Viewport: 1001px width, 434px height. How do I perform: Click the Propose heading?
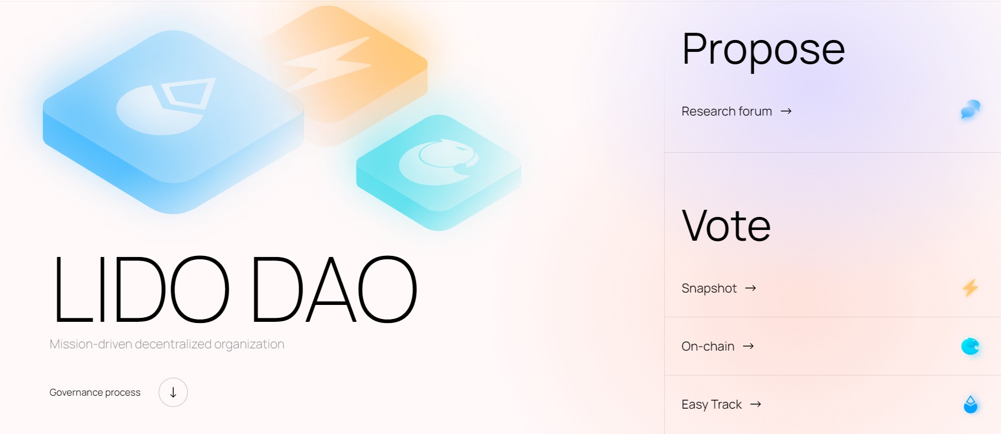(x=763, y=50)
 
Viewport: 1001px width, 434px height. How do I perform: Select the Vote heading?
(x=726, y=225)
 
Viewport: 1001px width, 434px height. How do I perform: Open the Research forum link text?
(x=726, y=112)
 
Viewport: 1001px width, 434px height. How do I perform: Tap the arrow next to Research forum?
(x=786, y=112)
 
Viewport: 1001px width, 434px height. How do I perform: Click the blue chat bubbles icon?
(x=970, y=109)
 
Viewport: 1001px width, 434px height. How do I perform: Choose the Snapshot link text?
(x=709, y=289)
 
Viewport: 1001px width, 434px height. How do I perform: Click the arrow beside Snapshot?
(x=750, y=289)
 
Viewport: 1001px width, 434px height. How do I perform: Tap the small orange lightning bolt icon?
(x=970, y=288)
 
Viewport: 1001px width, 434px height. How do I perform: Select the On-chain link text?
(x=708, y=347)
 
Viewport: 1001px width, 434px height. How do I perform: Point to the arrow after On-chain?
(x=748, y=347)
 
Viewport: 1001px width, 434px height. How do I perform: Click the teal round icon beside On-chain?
(x=970, y=346)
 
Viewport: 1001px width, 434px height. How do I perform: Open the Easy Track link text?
(x=712, y=405)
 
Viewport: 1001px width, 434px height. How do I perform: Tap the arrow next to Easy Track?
(x=756, y=405)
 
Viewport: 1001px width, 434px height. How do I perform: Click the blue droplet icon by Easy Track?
(x=970, y=404)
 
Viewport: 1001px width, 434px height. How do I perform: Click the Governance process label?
(x=95, y=392)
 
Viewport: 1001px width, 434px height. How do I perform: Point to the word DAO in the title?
(x=333, y=290)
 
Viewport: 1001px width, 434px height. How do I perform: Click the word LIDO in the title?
(x=141, y=290)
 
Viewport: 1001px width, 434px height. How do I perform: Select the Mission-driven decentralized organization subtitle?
(x=167, y=344)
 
